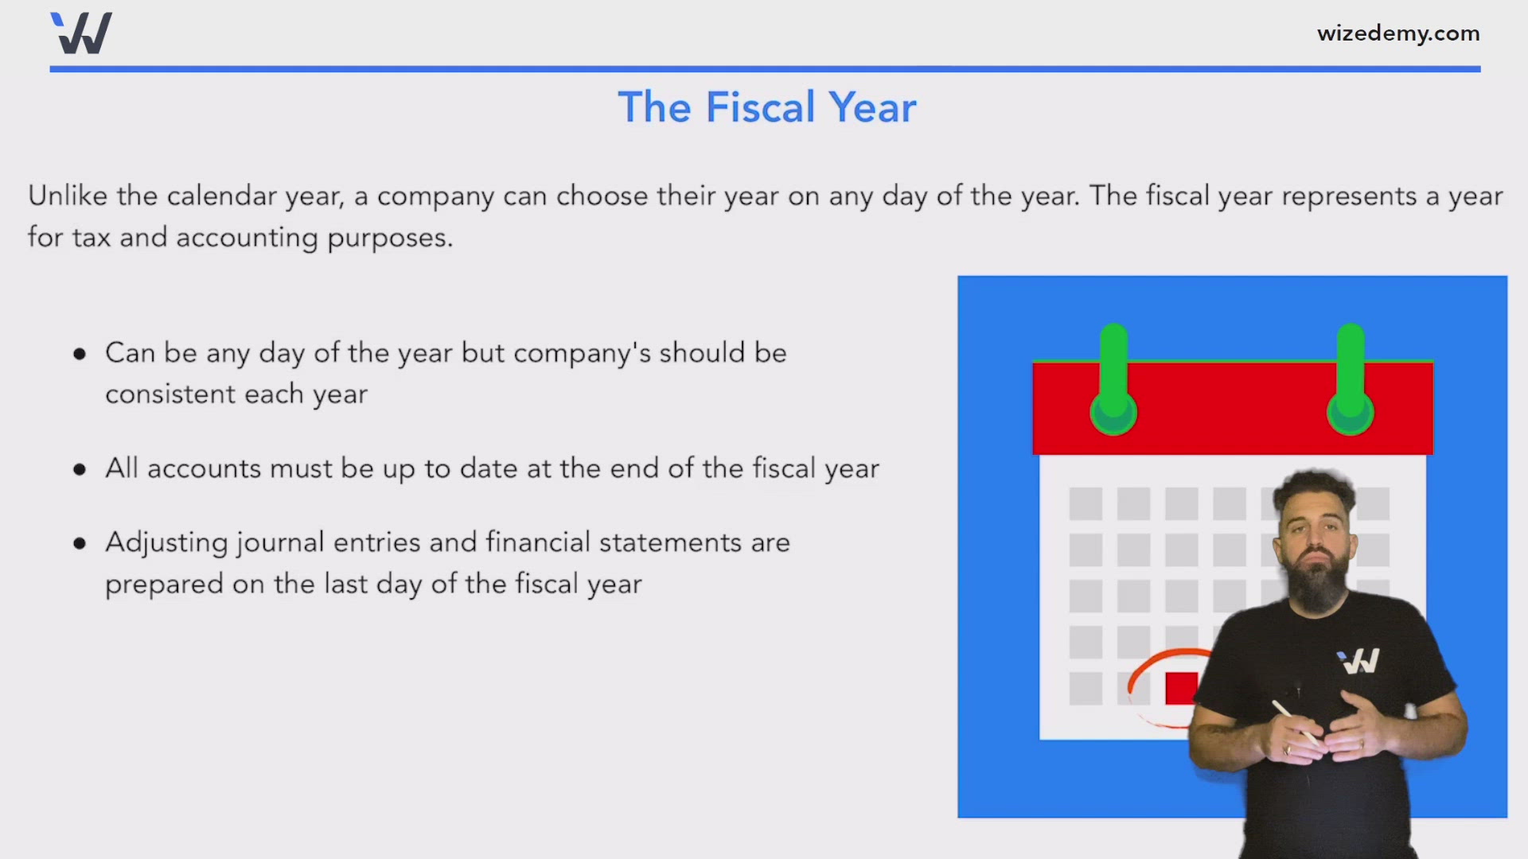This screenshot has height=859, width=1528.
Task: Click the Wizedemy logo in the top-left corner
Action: point(81,33)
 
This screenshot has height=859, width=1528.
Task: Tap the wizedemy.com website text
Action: point(1398,33)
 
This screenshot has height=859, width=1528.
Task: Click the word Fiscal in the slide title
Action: point(760,107)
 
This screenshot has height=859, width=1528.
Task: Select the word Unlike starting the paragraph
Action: point(68,196)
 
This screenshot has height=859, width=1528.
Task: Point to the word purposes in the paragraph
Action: point(390,238)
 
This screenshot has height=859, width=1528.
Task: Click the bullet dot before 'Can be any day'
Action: point(80,354)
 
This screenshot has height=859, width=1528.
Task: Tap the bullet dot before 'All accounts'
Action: point(80,470)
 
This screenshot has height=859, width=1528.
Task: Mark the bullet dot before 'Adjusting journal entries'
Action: point(80,544)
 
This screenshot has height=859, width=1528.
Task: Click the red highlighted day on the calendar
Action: point(1181,688)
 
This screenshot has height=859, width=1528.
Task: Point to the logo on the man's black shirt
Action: point(1358,662)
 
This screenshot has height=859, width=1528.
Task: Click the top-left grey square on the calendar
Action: point(1086,503)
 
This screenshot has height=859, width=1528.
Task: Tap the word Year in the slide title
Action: point(872,107)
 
